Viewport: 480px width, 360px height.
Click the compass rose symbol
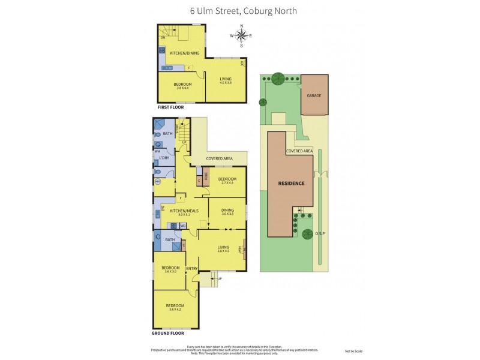241,35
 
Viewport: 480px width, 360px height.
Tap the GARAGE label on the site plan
314,96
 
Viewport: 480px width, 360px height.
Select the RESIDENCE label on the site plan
290,183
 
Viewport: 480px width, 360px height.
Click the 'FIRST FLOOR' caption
170,107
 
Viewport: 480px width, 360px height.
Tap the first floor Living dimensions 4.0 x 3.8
225,83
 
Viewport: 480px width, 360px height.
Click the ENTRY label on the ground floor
191,268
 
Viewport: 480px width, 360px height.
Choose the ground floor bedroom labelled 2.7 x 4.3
227,181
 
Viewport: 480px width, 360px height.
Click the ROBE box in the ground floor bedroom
206,178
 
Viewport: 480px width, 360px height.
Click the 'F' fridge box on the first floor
189,68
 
